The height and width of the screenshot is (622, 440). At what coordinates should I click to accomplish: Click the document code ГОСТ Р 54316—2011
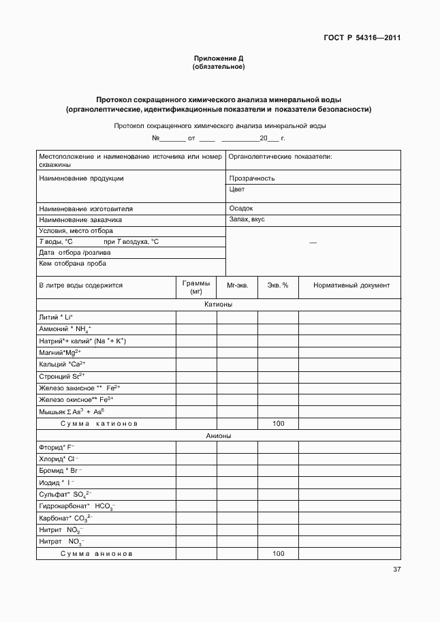[362, 38]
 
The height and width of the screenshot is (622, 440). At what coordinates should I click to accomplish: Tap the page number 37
[396, 570]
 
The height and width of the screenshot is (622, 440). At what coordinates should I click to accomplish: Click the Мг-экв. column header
[236, 285]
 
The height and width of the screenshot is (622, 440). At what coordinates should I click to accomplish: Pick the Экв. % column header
[277, 285]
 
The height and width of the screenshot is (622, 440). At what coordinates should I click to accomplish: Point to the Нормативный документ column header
[351, 285]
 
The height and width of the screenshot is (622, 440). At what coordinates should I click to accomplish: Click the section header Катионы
[218, 305]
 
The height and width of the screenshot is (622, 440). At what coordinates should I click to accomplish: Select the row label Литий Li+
[57, 317]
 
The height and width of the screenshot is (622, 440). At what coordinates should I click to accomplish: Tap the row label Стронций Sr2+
[62, 375]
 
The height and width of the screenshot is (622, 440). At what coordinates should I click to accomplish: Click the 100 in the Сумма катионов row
[278, 423]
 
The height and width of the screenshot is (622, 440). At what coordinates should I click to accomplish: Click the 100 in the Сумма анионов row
[278, 554]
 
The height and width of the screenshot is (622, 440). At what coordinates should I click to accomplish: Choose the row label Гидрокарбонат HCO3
[76, 507]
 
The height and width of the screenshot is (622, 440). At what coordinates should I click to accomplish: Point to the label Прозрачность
[252, 178]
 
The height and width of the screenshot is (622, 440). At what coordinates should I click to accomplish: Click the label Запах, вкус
[247, 220]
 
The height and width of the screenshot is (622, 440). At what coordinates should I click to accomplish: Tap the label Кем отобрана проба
[73, 264]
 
